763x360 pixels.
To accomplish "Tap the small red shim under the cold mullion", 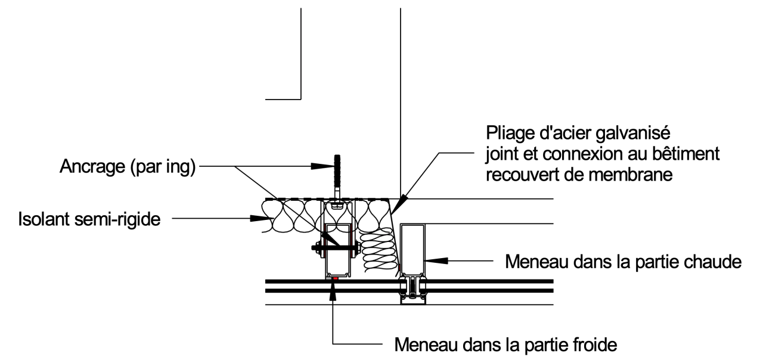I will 336,278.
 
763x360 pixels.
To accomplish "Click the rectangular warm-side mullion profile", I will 412,247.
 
